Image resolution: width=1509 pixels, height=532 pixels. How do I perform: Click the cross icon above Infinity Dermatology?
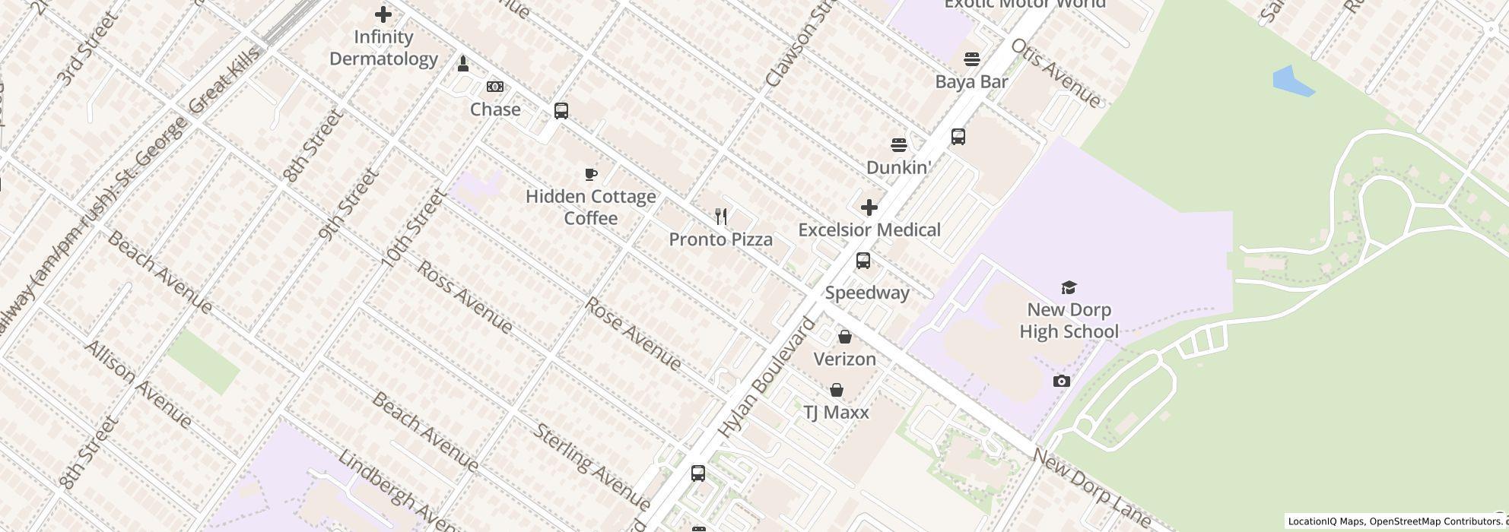(383, 14)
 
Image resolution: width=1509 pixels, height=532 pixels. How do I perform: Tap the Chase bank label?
(495, 109)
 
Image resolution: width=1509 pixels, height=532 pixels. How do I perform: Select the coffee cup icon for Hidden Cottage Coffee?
(591, 175)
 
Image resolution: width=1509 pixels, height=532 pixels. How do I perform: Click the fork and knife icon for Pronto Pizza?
(721, 217)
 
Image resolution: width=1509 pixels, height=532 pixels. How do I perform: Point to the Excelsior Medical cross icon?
(869, 207)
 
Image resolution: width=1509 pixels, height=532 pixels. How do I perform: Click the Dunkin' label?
(899, 168)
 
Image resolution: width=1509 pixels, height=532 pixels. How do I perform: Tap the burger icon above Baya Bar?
(971, 59)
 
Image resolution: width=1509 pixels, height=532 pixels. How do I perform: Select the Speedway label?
(867, 293)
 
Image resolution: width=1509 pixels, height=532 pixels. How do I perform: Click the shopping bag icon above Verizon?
(845, 337)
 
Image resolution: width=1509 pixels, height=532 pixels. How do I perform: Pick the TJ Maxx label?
(836, 413)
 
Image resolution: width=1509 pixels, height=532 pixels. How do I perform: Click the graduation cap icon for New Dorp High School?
(1069, 287)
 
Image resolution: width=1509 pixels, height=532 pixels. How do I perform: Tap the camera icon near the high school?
(1062, 381)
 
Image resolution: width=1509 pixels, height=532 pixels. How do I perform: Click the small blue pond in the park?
(1292, 81)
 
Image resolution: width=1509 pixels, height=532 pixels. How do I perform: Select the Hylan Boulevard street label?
(766, 378)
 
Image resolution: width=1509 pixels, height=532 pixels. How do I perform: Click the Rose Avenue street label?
(632, 334)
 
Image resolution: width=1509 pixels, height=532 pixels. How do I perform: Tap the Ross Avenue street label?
(465, 297)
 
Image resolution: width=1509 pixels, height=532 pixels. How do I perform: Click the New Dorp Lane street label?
(1091, 486)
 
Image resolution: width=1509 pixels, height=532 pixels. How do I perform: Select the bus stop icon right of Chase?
(561, 111)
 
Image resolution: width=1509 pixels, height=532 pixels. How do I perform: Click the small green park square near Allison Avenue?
(203, 362)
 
